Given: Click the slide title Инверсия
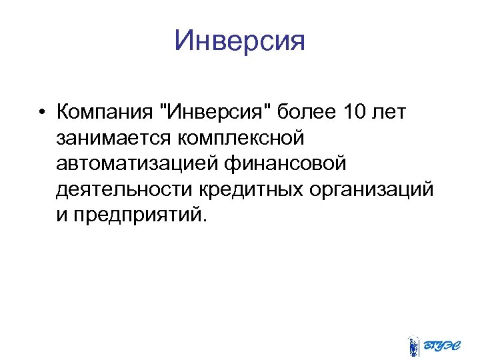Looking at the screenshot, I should [239, 41].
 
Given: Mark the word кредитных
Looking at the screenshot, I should [251, 189].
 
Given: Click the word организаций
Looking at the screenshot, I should [371, 189].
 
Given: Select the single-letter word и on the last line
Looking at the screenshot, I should [62, 216].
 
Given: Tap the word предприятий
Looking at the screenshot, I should [137, 216].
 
